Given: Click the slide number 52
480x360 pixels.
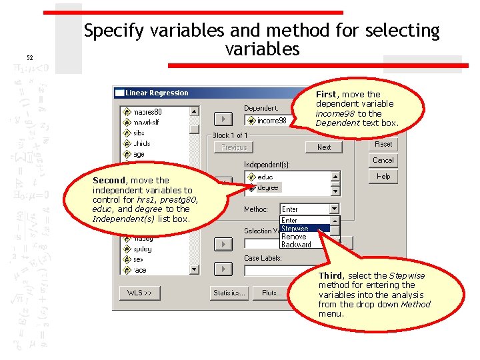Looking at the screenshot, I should (x=30, y=58).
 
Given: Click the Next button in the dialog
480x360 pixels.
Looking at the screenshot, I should (x=324, y=147).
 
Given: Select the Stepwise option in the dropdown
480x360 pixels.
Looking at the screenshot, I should (x=295, y=229).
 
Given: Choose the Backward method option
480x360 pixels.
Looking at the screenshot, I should (x=296, y=245).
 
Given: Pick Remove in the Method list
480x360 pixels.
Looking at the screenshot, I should (x=294, y=237).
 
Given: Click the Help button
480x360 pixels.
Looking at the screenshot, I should (x=383, y=176).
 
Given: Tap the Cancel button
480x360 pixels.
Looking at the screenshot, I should (x=383, y=160).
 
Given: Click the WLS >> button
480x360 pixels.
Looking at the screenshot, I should (x=140, y=293).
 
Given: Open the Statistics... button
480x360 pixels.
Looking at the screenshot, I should (x=230, y=293).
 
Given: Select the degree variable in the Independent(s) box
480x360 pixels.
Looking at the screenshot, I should (x=268, y=187).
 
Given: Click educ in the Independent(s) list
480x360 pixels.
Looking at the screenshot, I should (x=265, y=177).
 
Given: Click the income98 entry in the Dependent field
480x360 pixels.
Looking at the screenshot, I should (x=271, y=121).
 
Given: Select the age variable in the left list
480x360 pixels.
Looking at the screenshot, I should (x=139, y=154).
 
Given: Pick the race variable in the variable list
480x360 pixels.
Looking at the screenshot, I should (x=140, y=270).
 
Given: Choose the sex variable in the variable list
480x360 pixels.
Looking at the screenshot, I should (x=138, y=259).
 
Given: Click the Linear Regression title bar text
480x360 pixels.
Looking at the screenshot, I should (x=157, y=93).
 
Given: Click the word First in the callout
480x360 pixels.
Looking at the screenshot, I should (x=326, y=94).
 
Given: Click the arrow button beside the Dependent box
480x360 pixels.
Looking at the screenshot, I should (x=223, y=119).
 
